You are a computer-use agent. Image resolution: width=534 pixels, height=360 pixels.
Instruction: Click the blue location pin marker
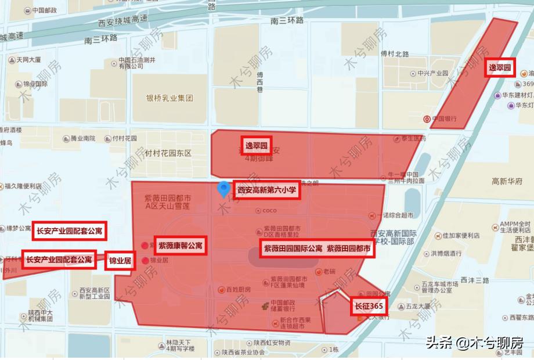click(223, 189)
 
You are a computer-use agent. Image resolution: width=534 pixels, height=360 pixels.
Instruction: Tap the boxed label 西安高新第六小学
click(267, 189)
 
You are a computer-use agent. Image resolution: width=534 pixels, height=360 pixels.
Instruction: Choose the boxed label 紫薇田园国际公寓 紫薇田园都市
click(317, 249)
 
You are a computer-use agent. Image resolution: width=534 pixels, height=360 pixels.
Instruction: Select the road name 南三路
click(287, 20)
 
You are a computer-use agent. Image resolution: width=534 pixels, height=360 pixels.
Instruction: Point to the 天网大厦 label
click(28, 60)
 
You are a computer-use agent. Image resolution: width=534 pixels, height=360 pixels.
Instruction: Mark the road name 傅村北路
click(395, 54)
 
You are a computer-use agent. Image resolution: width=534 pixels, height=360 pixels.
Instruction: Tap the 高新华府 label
click(507, 181)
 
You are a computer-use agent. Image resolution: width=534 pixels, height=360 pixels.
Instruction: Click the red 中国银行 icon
click(427, 119)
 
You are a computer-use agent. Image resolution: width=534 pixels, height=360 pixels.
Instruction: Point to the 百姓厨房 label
click(238, 289)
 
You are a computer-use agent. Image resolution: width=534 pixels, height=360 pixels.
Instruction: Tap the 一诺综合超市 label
click(394, 215)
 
